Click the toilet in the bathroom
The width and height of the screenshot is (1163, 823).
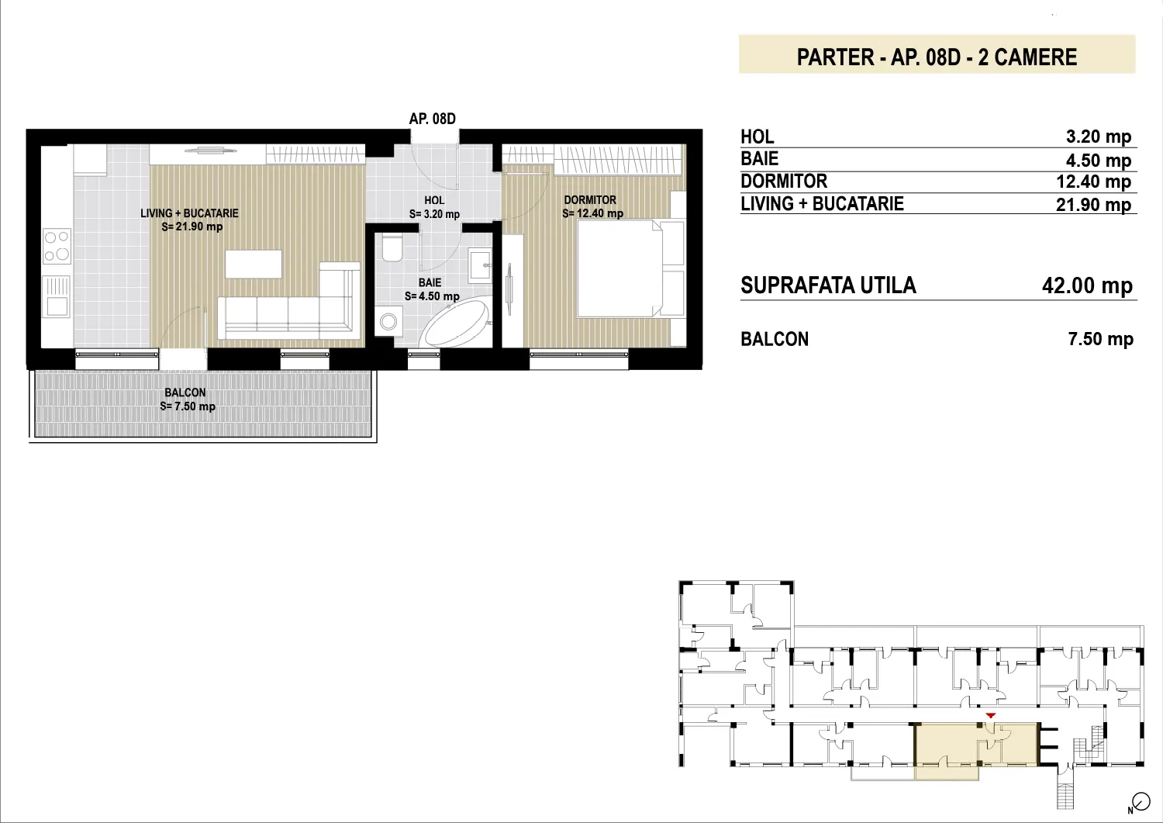point(392,248)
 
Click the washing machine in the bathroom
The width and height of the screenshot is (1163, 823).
point(388,321)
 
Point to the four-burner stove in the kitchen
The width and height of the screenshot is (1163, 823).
point(57,246)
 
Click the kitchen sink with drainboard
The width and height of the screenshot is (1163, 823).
point(57,296)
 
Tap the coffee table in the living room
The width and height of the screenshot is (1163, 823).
point(254,264)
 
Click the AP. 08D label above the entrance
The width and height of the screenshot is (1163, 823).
point(432,119)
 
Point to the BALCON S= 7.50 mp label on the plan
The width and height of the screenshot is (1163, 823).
point(187,399)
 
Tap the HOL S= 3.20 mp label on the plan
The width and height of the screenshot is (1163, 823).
point(434,207)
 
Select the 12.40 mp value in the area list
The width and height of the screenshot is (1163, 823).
point(1093,182)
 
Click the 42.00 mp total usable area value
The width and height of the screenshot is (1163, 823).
point(1087,285)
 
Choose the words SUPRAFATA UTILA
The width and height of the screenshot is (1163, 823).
point(828,285)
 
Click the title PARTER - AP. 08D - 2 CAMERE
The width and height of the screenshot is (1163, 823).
point(937,57)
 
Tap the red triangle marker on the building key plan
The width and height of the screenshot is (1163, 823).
point(991,715)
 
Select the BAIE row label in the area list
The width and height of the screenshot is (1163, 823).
point(759,158)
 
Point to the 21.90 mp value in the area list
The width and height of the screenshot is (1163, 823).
point(1093,205)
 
